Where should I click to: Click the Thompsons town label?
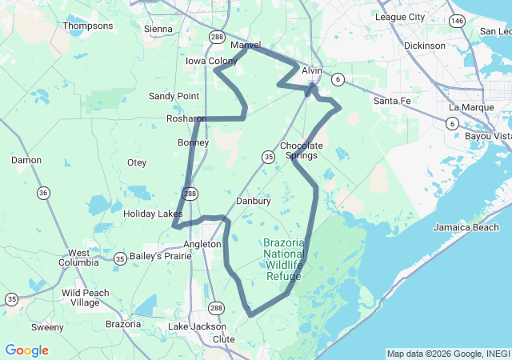pyautogui.click(x=88, y=26)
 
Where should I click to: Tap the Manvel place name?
pyautogui.click(x=246, y=45)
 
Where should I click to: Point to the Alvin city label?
pyautogui.click(x=312, y=70)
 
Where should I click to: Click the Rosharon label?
pyautogui.click(x=186, y=118)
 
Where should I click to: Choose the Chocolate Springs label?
pyautogui.click(x=302, y=150)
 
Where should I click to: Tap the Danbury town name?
pyautogui.click(x=254, y=201)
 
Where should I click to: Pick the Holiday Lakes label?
pyautogui.click(x=153, y=214)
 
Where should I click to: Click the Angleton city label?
pyautogui.click(x=202, y=244)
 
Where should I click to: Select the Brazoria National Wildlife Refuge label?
pyautogui.click(x=284, y=259)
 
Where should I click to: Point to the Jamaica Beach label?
pyautogui.click(x=466, y=227)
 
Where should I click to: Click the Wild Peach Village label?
pyautogui.click(x=86, y=298)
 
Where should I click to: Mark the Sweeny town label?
pyautogui.click(x=47, y=327)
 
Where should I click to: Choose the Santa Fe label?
pyautogui.click(x=392, y=101)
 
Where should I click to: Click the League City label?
pyautogui.click(x=400, y=16)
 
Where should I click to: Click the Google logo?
pyautogui.click(x=26, y=350)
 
